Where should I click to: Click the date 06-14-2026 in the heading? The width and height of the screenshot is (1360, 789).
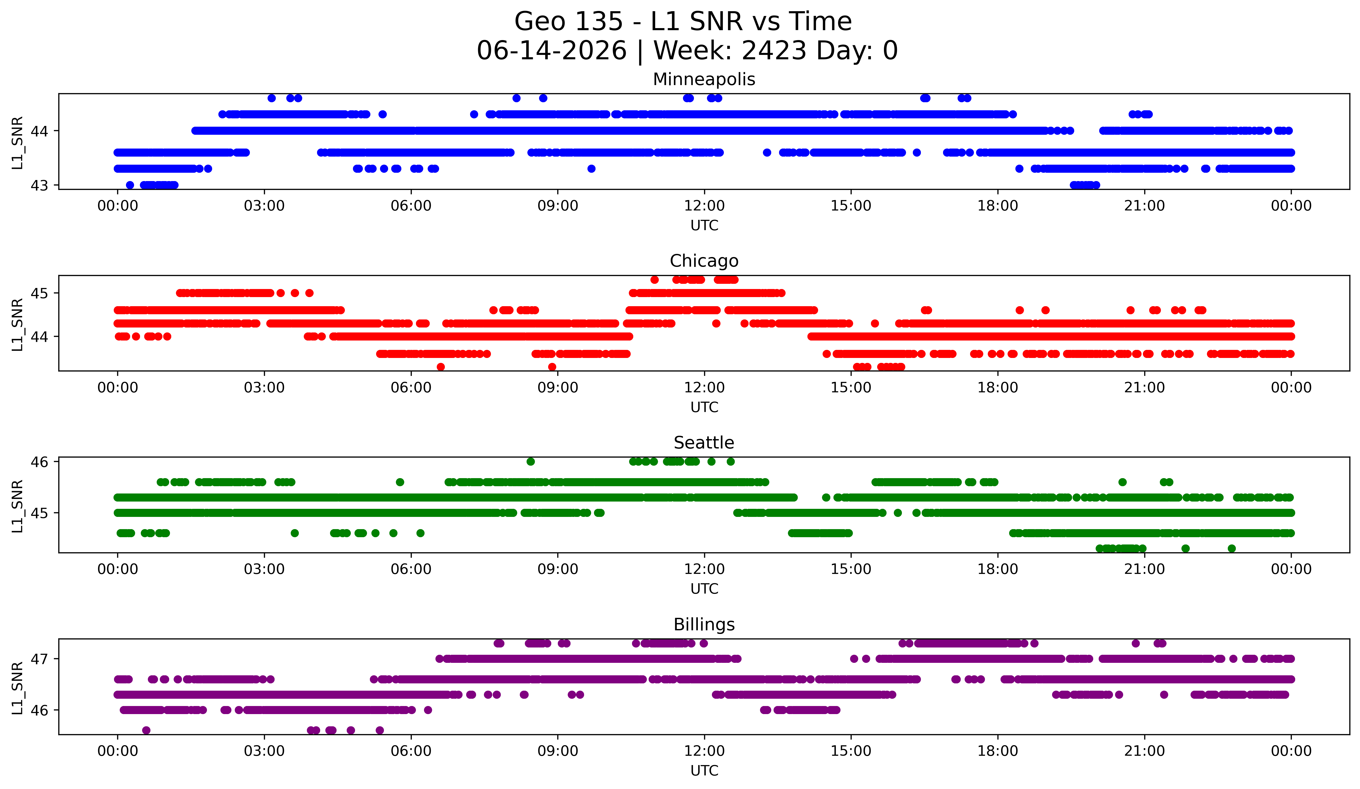coord(552,51)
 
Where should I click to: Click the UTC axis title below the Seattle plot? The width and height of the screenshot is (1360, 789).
coord(704,589)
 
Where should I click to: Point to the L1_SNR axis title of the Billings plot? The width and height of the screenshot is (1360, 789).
coord(17,688)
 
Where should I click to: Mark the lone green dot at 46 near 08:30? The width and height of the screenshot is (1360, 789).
coord(530,462)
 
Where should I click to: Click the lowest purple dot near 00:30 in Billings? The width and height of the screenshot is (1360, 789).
coord(146,730)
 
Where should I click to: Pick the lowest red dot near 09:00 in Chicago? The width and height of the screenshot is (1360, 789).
coord(552,367)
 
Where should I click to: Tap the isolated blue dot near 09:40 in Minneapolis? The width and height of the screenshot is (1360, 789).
coord(591,169)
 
